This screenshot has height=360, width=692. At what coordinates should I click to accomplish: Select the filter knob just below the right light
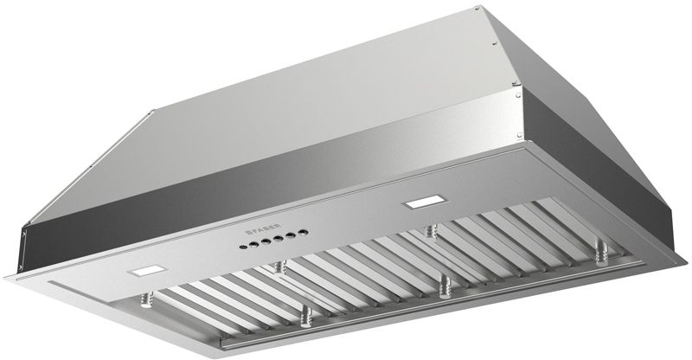429,231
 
